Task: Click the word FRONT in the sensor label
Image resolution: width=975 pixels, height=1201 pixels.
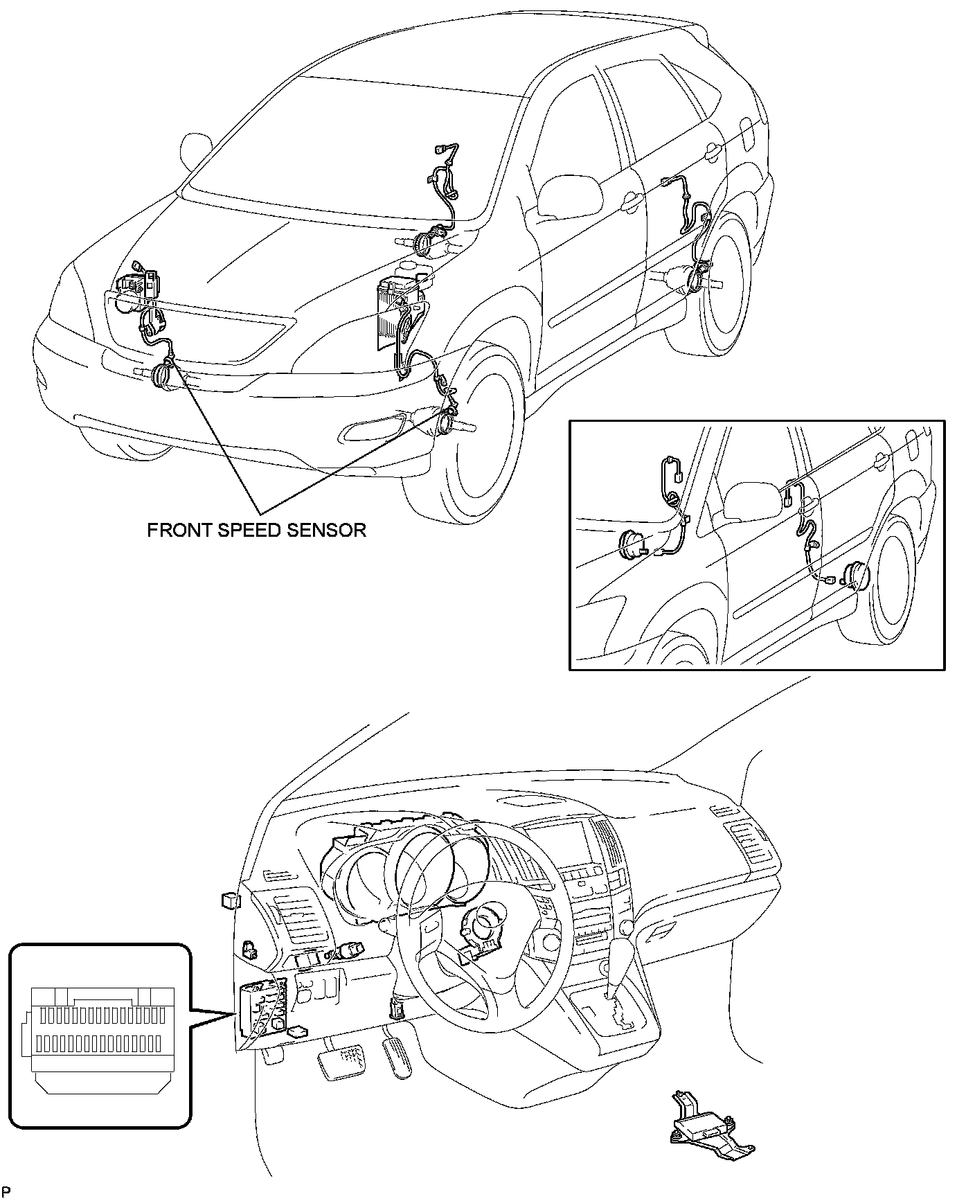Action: point(176,531)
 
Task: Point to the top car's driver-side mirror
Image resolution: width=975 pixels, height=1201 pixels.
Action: point(569,195)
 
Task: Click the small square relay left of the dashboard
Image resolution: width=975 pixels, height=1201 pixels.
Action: point(229,900)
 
